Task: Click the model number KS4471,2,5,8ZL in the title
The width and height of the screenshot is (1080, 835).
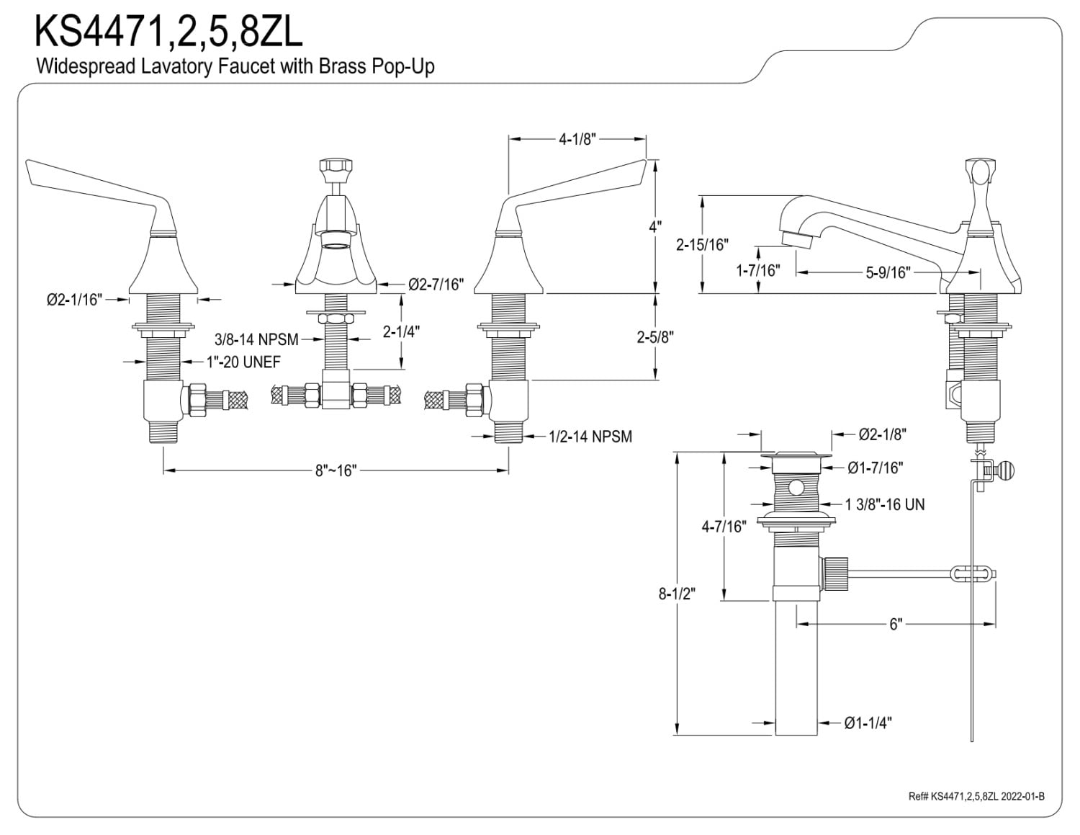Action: (x=168, y=31)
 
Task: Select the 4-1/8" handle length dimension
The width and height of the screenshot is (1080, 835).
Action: (x=577, y=139)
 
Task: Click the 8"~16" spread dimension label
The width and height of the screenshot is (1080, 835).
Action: (x=336, y=470)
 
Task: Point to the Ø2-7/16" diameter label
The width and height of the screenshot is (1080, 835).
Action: (x=436, y=285)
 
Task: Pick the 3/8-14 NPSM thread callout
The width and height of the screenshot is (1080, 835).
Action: (x=256, y=339)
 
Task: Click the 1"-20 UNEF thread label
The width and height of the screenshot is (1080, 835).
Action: (x=243, y=362)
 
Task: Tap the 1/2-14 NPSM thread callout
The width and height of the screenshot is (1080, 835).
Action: (x=590, y=436)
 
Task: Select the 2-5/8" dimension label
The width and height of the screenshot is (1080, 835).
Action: (x=655, y=337)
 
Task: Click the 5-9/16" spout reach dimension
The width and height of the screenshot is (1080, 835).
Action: (x=888, y=272)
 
